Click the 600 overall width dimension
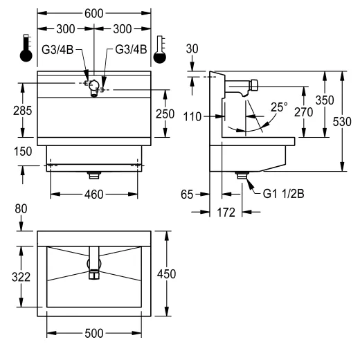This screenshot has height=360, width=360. (x=94, y=14)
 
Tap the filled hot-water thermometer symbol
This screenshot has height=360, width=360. (x=26, y=48)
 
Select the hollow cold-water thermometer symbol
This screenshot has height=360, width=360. (x=160, y=49)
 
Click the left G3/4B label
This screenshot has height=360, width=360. (x=57, y=50)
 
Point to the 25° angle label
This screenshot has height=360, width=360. (x=279, y=107)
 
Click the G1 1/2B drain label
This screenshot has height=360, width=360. (x=283, y=194)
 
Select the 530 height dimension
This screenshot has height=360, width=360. (x=342, y=122)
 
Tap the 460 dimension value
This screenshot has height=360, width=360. (x=94, y=195)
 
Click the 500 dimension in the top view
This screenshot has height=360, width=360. (x=94, y=334)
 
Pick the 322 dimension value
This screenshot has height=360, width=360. (x=21, y=277)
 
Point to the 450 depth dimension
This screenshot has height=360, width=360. (x=166, y=274)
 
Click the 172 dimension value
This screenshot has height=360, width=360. (x=226, y=213)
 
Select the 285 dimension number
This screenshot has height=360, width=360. (x=22, y=111)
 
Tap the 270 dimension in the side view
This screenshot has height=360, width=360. (x=304, y=112)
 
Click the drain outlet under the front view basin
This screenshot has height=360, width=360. (x=94, y=175)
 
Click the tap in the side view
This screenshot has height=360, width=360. (x=241, y=88)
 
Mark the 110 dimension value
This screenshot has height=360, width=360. (x=192, y=117)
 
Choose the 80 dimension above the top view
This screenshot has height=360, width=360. (x=21, y=209)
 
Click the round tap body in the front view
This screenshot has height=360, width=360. (x=94, y=85)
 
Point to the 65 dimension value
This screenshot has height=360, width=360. (x=187, y=195)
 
